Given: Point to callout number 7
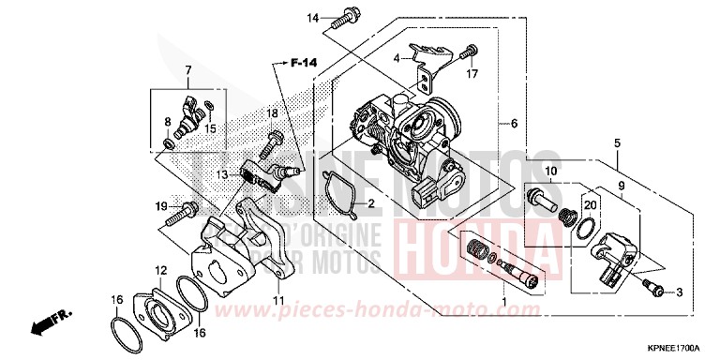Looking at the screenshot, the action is click(187, 70).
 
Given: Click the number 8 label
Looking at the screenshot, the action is click(168, 122).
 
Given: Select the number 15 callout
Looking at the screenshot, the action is click(212, 127).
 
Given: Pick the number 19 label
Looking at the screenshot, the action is click(161, 206).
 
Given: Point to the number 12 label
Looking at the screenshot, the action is click(161, 270).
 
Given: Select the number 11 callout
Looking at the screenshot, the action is click(277, 300).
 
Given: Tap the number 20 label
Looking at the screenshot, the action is click(590, 204).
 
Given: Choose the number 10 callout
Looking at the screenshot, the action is click(550, 171).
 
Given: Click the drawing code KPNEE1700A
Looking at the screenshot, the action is click(672, 348).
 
